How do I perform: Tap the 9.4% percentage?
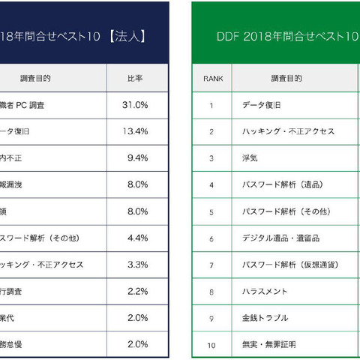tap(137, 157)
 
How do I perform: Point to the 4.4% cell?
tap(137, 238)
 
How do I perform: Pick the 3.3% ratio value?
tap(137, 265)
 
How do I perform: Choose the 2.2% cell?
tap(137, 291)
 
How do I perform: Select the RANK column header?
tap(211, 78)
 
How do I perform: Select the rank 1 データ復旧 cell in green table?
tap(262, 105)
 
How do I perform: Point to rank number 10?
tap(211, 345)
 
